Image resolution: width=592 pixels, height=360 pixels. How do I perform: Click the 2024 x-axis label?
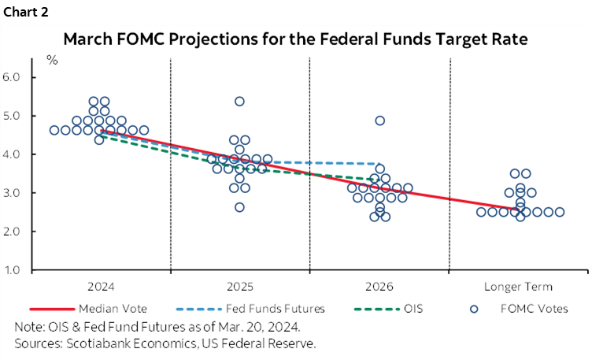point(99,287)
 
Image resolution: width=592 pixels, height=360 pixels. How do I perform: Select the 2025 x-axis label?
point(239,287)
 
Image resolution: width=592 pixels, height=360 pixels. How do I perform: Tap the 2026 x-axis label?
point(379,287)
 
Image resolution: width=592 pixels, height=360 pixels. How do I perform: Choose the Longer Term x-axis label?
point(519,287)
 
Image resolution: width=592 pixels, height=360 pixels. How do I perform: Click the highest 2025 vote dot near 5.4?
point(239,102)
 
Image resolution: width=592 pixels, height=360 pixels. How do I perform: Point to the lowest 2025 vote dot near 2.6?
point(239,207)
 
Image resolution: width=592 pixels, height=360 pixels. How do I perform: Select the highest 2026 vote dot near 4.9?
point(379,121)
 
